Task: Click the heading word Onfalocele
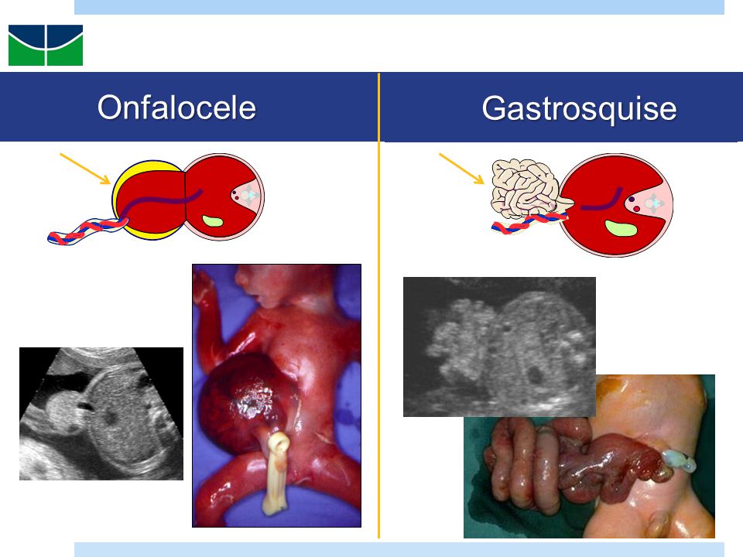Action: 176,108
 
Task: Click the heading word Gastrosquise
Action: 579,109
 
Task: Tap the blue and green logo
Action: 46,45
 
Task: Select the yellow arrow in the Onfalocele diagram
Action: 85,169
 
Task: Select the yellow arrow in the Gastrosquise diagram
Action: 461,168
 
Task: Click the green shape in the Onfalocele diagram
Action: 212,221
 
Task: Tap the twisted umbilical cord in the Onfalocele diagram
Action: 87,231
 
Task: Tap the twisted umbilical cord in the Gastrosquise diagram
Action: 529,223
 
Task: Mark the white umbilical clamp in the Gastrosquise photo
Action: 679,460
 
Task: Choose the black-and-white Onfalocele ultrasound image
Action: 101,413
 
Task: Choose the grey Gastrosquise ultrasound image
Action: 499,347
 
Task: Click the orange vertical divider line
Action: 378,306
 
